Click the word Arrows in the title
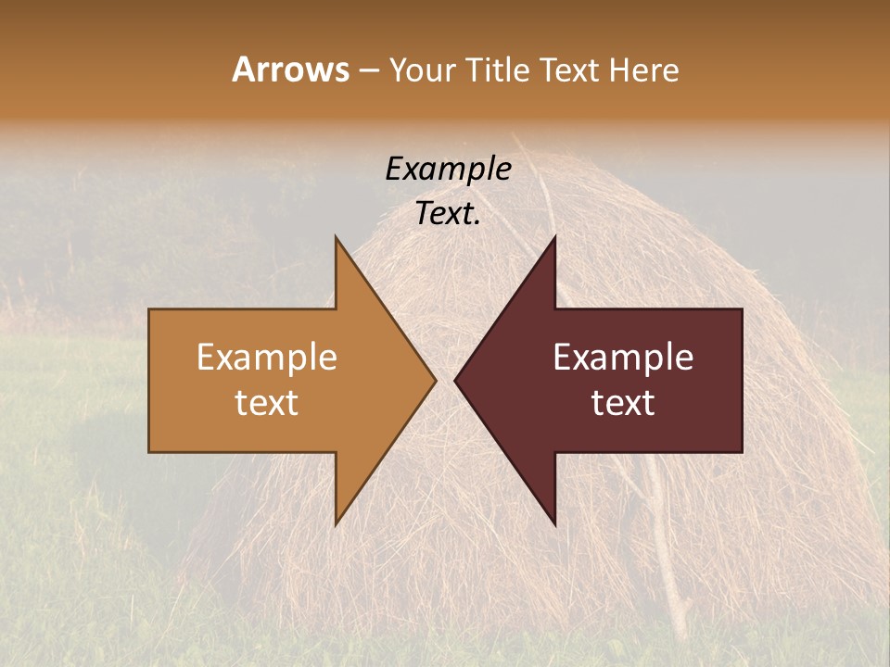tap(291, 69)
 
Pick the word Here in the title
tap(643, 70)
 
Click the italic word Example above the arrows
tap(448, 169)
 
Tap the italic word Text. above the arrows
tap(448, 213)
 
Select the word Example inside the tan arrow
tap(267, 358)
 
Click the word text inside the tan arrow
tap(267, 402)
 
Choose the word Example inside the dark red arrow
tap(623, 358)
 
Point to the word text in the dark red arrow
tap(623, 402)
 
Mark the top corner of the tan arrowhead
tap(337, 238)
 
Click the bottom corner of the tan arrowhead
tap(337, 523)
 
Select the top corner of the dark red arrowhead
tap(554, 238)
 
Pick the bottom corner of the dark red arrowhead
tap(554, 523)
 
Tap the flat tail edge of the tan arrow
tap(150, 380)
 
